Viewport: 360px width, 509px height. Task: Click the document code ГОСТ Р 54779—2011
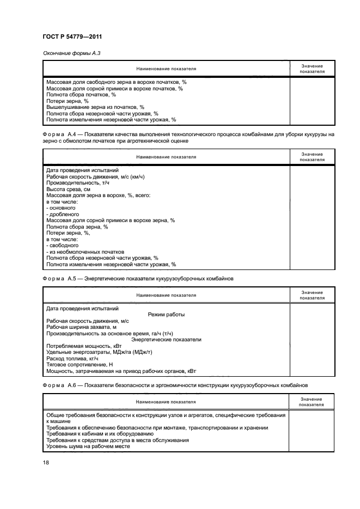coord(72,36)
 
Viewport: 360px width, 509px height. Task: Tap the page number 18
coord(46,462)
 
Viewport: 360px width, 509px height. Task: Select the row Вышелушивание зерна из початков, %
coord(95,107)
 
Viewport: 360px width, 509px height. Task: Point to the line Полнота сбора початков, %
coord(81,94)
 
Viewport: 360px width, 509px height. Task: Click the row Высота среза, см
coord(68,189)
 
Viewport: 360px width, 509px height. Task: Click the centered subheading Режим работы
coord(166,314)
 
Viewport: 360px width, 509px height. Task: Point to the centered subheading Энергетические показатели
coord(166,339)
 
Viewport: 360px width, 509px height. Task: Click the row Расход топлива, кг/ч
coord(72,358)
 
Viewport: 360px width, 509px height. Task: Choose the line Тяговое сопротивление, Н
coord(80,364)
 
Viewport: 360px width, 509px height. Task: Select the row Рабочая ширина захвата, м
coord(82,327)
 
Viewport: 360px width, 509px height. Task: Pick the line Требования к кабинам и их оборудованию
coord(103,434)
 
